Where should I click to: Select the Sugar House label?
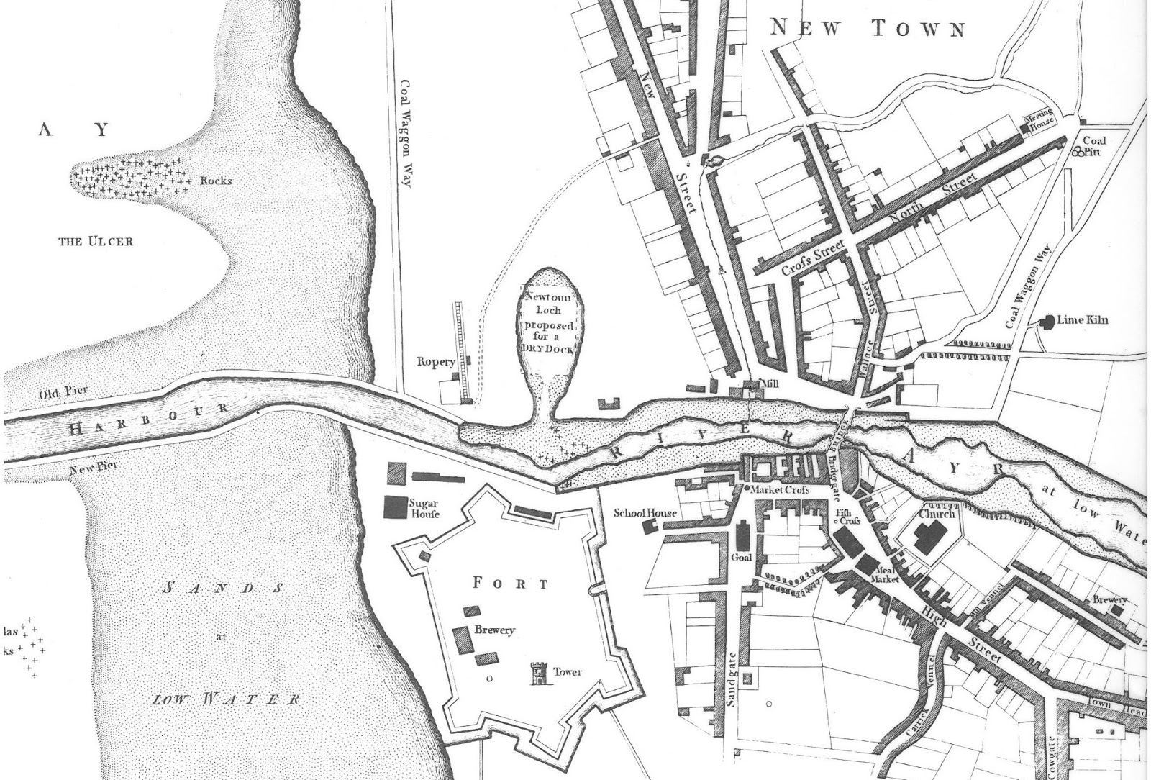[x=424, y=509]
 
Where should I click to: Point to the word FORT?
[x=511, y=583]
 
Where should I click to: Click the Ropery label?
[x=436, y=362]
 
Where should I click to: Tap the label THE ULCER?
[x=95, y=241]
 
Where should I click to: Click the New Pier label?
[x=94, y=469]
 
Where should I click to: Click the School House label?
[x=645, y=513]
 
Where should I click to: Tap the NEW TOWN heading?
[x=868, y=29]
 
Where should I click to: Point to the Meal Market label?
[x=882, y=573]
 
